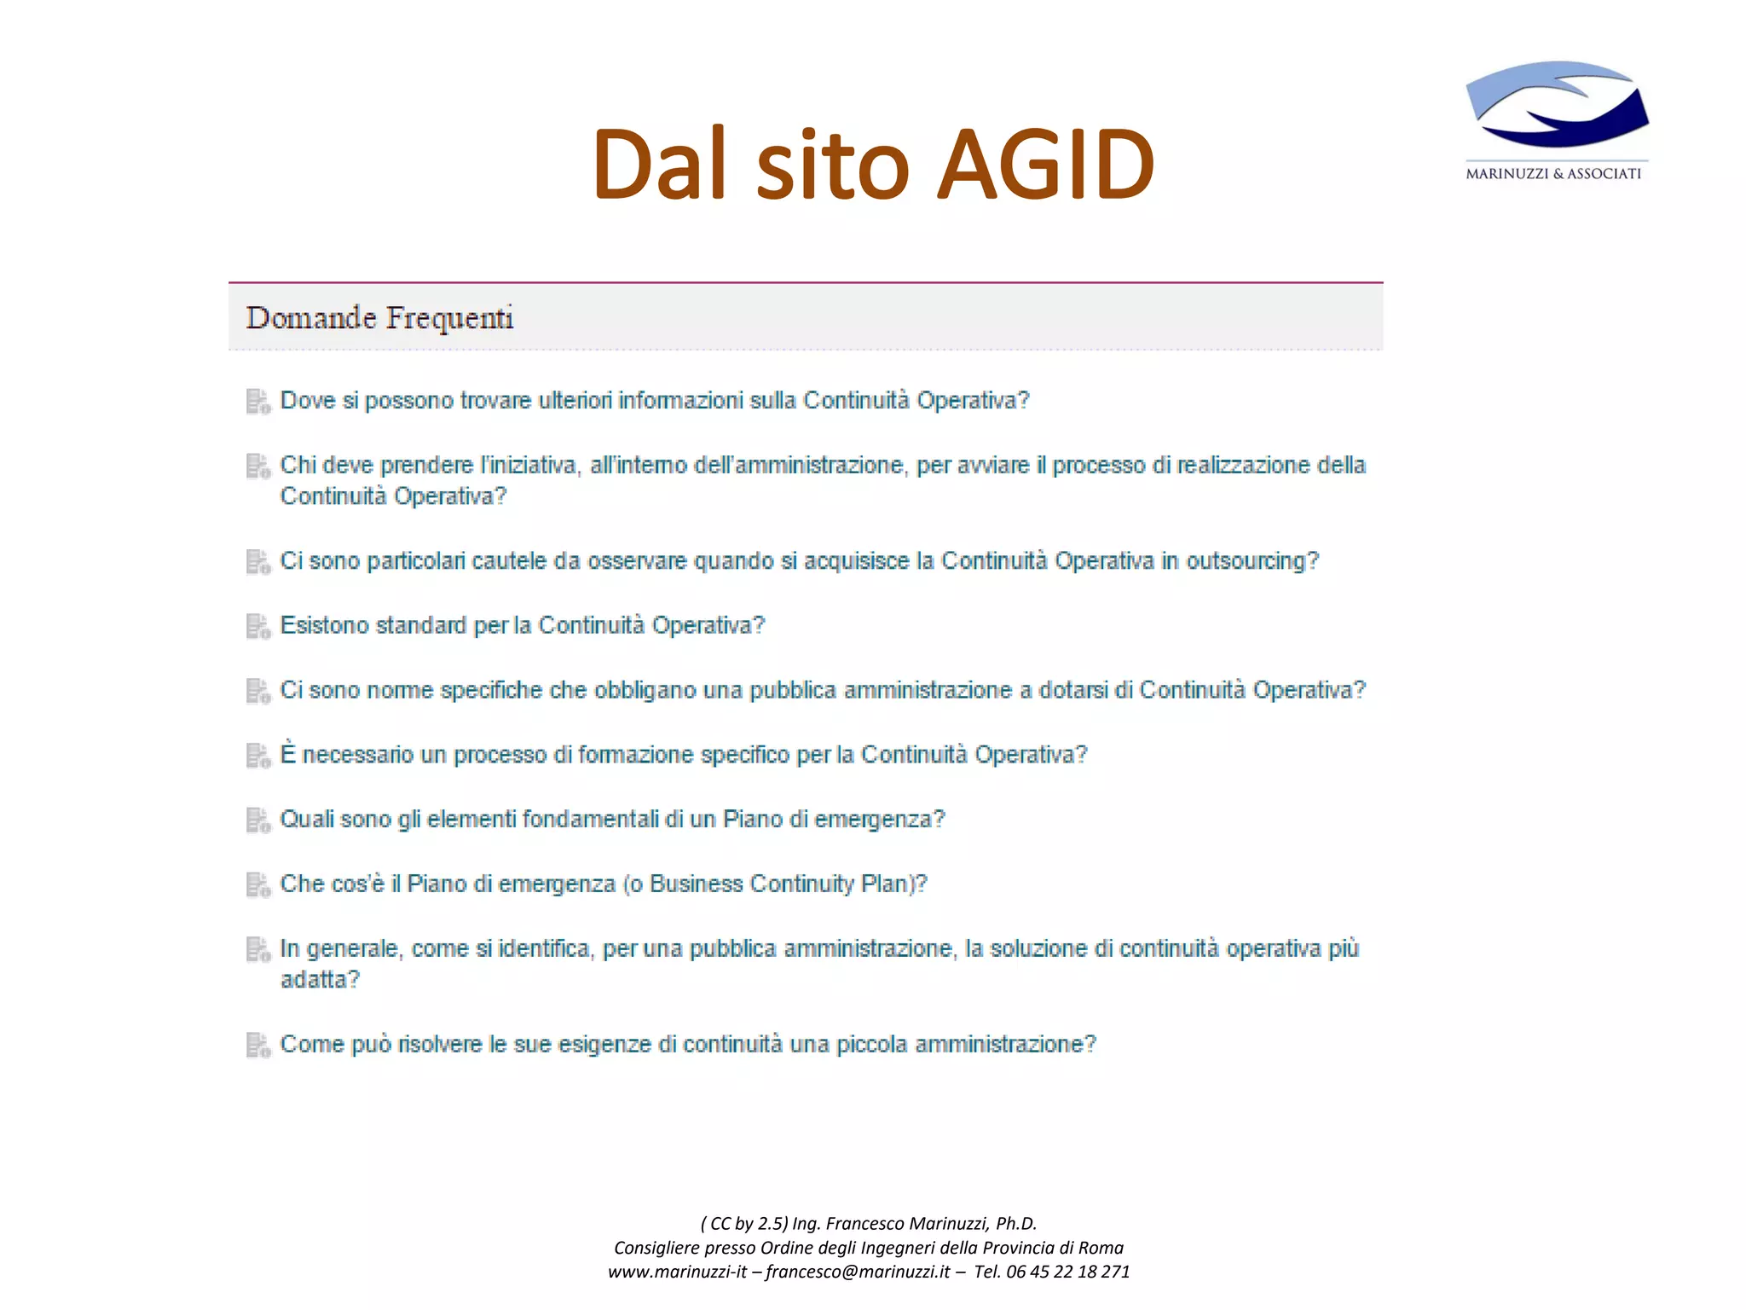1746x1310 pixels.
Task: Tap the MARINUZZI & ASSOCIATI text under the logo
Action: click(x=1553, y=174)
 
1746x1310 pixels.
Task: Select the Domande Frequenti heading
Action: click(x=379, y=318)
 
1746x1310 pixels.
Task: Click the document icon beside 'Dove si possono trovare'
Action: click(x=257, y=401)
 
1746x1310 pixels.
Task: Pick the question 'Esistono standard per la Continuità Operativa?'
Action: click(x=522, y=626)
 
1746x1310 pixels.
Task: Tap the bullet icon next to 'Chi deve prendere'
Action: click(x=257, y=466)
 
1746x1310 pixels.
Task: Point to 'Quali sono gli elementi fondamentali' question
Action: click(x=612, y=820)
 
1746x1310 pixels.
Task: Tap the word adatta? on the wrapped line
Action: click(x=320, y=980)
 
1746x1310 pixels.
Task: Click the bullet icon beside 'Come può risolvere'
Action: click(x=257, y=1045)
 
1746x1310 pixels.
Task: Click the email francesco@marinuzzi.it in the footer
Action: click(x=857, y=1272)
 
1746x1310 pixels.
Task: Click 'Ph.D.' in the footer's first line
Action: click(x=1015, y=1223)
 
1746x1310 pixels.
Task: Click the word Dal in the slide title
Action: click(x=659, y=164)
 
